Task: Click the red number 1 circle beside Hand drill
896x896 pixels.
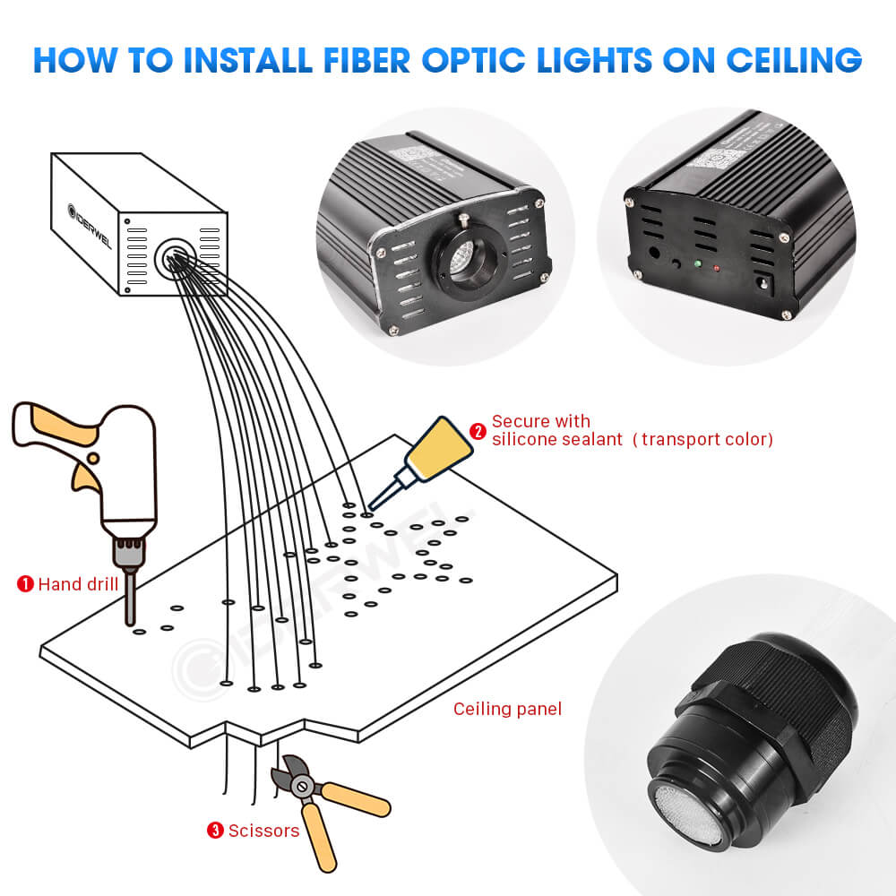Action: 25,584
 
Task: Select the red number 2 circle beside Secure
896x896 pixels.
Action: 478,431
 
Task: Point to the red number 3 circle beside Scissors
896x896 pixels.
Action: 215,831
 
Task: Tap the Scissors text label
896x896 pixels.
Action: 263,831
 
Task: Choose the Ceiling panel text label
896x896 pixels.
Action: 507,709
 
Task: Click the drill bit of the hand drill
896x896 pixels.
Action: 131,598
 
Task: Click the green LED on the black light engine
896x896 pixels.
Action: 695,263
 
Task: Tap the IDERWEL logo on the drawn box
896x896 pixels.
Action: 88,227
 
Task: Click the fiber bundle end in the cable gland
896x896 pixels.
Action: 686,811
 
